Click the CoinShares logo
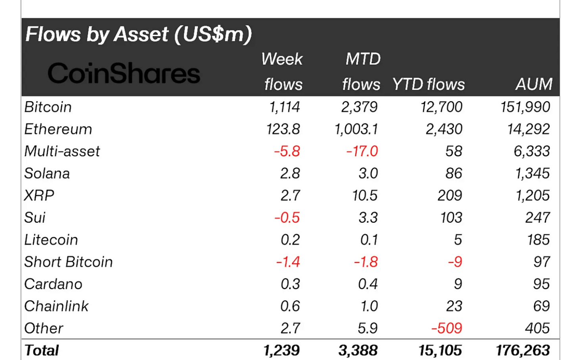point(124,73)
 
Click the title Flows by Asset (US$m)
point(138,34)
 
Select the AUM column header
point(534,84)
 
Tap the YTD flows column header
point(428,84)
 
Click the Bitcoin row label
point(48,107)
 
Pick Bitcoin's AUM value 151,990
point(525,107)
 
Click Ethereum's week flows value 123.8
point(283,129)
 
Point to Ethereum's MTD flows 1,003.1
point(356,129)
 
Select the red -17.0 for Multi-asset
point(362,151)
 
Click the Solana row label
point(47,174)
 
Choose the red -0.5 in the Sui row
point(287,218)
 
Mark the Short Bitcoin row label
point(68,262)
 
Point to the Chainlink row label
point(56,306)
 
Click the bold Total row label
point(42,350)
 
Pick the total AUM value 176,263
point(522,350)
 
